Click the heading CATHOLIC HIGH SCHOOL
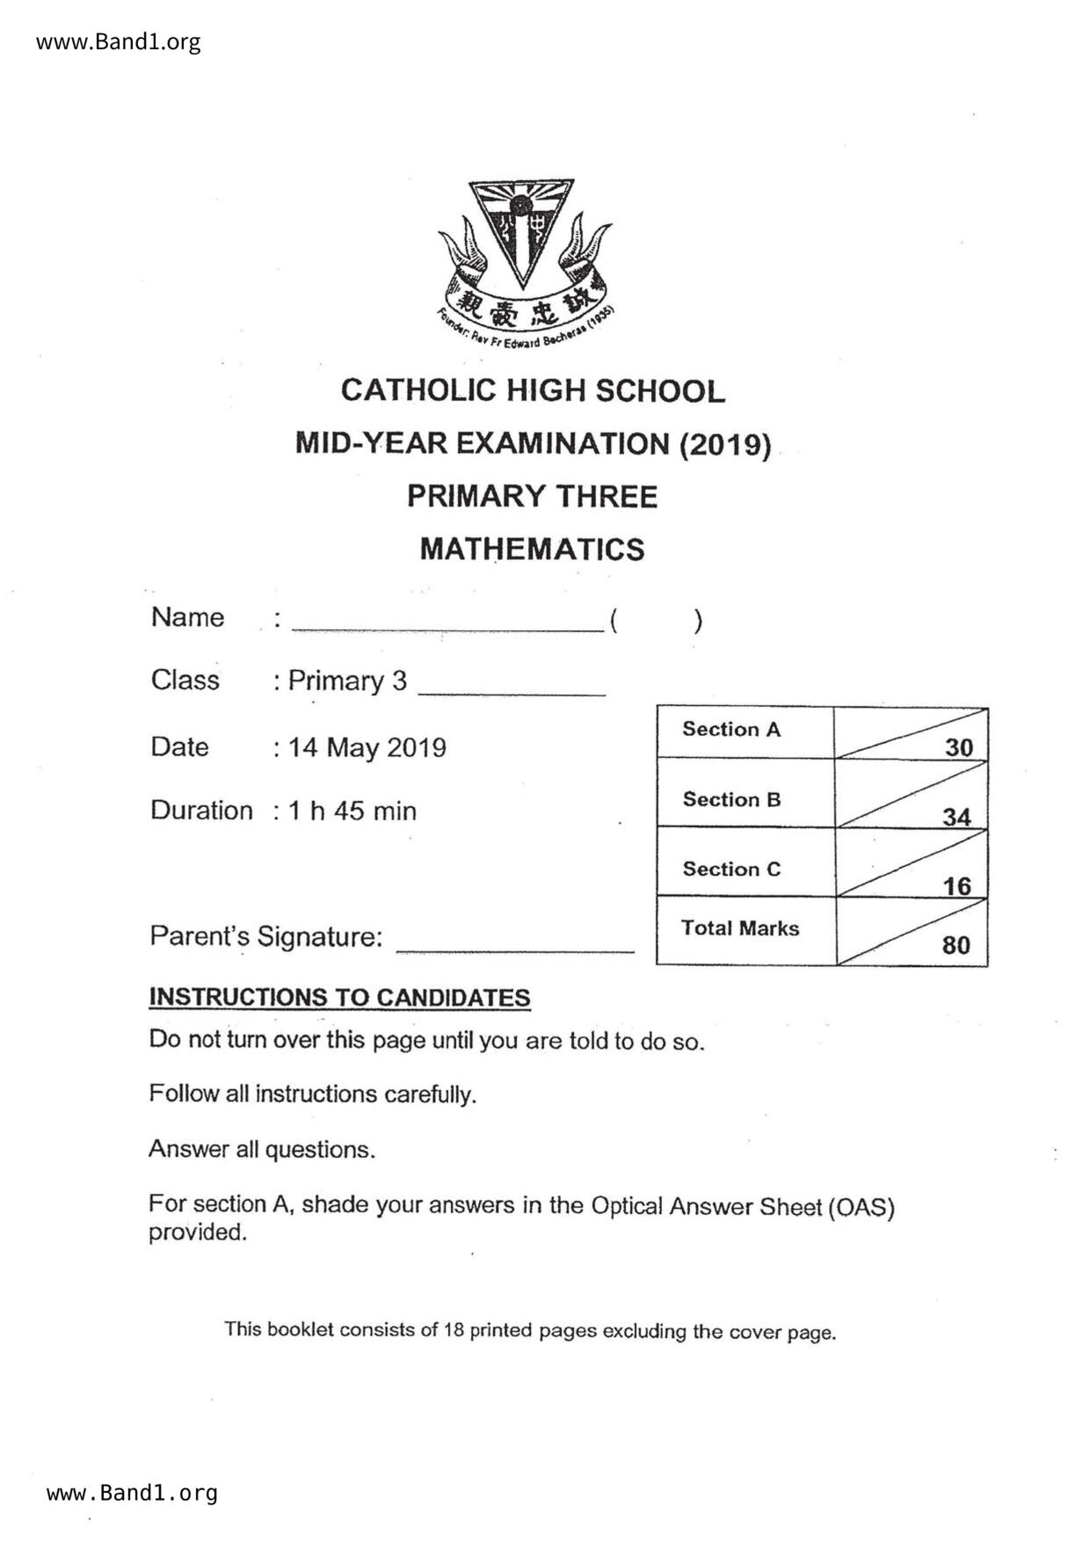pos(533,390)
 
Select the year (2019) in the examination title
pos(725,444)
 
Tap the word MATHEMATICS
pos(532,549)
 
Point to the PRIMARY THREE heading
pos(532,497)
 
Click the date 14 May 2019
pos(367,747)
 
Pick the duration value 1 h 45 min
pos(352,811)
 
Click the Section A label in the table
pos(731,729)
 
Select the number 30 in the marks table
pos(958,747)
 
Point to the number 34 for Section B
pos(956,817)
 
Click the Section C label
pos(731,869)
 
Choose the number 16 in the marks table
pos(956,885)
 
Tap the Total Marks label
pos(739,928)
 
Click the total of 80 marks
pos(956,945)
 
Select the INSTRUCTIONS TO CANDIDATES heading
pos(339,998)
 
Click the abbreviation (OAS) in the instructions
pos(861,1207)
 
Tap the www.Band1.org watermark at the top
pos(118,41)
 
